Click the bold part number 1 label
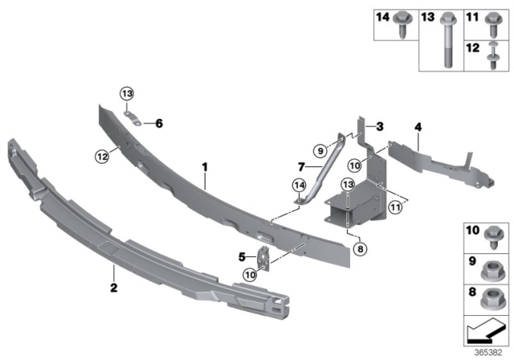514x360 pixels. pyautogui.click(x=205, y=167)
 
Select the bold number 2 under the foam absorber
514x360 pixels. pyautogui.click(x=115, y=288)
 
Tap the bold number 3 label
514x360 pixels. pyautogui.click(x=381, y=126)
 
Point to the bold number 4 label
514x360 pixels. pyautogui.click(x=418, y=126)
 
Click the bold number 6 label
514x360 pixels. pyautogui.click(x=159, y=123)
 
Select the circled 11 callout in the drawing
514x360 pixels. pyautogui.click(x=394, y=207)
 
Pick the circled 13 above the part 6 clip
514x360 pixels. pyautogui.click(x=127, y=95)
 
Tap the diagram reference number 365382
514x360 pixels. pyautogui.click(x=488, y=350)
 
